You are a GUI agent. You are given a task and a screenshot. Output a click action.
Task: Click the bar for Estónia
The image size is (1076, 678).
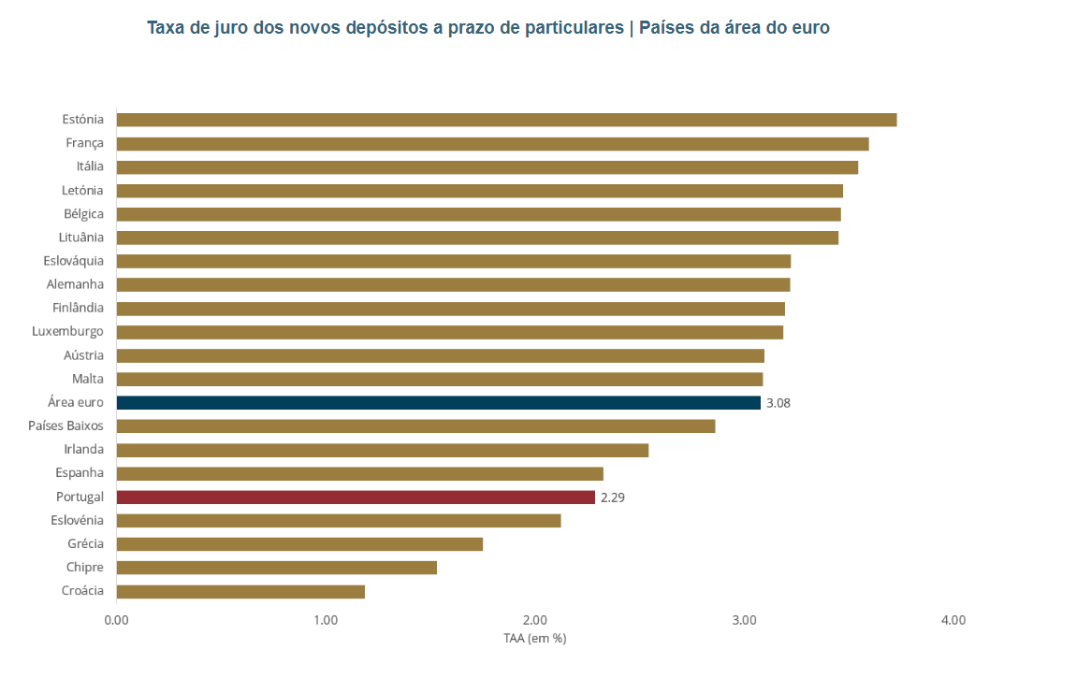coord(506,120)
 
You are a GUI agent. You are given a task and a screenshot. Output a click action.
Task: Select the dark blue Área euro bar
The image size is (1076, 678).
coord(438,402)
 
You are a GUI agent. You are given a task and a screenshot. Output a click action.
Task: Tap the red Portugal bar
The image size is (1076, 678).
coord(356,497)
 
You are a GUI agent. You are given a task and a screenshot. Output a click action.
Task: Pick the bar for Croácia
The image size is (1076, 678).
coord(240,591)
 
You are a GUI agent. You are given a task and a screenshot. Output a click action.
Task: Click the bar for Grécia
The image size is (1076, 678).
coord(299,543)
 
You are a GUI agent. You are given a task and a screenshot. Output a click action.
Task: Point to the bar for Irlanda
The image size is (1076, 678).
coord(382,450)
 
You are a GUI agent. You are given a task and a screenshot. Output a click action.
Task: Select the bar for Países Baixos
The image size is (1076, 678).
coord(415,426)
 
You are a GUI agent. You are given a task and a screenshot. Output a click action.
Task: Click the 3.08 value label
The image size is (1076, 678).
coord(778,403)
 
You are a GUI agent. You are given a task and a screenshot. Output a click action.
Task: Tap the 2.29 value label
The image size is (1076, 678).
coord(613,498)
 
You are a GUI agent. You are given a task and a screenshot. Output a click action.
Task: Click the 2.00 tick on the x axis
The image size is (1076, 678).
coord(534,620)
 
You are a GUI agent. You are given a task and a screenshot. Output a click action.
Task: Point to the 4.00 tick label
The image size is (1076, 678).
coord(952,620)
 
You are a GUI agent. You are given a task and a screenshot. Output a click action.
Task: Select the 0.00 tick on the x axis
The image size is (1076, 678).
coord(116,620)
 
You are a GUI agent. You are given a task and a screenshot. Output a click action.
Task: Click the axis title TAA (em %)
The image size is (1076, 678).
coord(534,639)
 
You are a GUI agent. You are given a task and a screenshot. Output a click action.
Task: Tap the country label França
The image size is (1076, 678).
coord(84,143)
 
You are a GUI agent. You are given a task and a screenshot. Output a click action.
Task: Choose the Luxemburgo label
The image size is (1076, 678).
coord(67,331)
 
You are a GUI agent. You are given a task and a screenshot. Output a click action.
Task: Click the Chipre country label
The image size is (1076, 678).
coord(84,567)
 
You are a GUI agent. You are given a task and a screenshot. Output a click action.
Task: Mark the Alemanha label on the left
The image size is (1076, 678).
coord(75,284)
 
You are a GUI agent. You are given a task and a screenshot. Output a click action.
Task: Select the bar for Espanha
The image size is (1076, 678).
coord(359,473)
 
